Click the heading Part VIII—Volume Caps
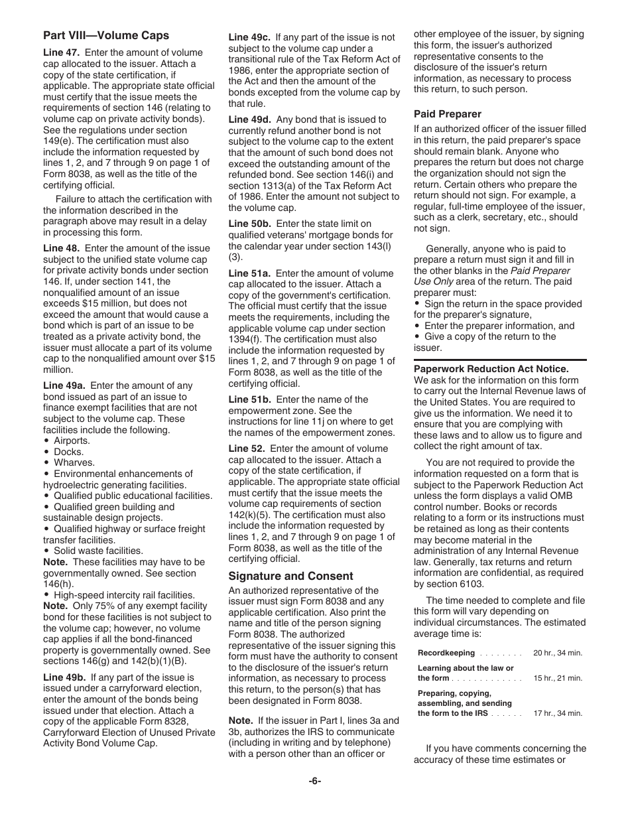(x=106, y=35)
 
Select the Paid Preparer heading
(x=447, y=114)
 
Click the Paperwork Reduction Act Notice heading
(x=491, y=369)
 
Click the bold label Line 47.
(x=62, y=52)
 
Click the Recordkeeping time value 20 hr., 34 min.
(x=557, y=653)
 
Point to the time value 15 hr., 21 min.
(x=557, y=678)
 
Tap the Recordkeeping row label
(x=446, y=653)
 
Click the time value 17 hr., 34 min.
(x=557, y=713)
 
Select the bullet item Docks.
(x=68, y=452)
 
